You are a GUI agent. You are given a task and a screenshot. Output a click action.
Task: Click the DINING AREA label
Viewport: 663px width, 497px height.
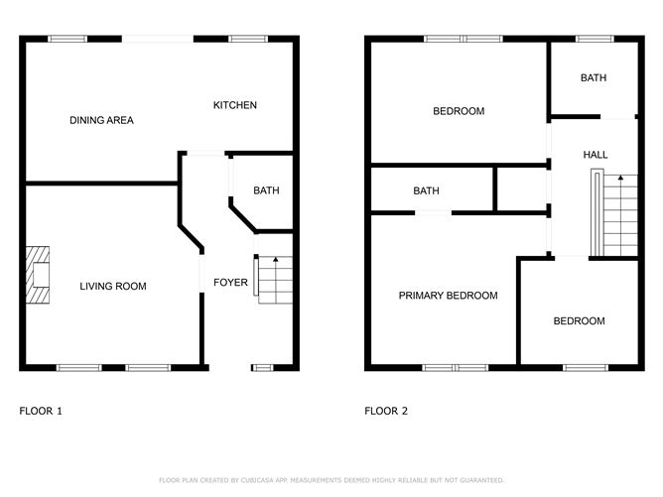(101, 120)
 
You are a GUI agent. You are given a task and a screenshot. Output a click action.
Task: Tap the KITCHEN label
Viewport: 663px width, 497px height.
(234, 105)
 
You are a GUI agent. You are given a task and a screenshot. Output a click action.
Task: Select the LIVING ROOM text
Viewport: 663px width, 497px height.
(113, 286)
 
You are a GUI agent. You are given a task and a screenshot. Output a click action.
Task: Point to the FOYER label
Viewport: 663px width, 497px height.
(230, 283)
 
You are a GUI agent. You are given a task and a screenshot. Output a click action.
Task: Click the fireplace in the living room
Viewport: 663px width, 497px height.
(38, 275)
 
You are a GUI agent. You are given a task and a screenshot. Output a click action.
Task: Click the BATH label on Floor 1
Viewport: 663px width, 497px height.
(266, 190)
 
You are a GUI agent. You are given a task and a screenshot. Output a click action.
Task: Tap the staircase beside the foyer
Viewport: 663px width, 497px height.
(273, 280)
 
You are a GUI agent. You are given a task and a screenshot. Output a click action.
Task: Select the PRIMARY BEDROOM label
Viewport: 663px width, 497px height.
(448, 296)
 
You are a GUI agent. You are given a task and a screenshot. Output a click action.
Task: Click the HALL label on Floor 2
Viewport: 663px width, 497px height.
(596, 155)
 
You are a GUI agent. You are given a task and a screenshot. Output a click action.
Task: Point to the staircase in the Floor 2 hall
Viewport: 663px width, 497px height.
(614, 213)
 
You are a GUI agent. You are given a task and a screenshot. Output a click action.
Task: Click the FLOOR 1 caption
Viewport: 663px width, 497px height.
(41, 411)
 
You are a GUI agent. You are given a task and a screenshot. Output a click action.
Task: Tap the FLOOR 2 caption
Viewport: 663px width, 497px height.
(386, 411)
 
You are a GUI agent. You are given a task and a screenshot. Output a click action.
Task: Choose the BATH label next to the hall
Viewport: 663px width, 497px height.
(594, 77)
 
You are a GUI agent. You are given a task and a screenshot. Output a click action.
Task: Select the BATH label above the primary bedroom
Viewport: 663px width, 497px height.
(426, 191)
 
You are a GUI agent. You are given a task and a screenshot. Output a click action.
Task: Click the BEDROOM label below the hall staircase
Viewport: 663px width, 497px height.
(579, 321)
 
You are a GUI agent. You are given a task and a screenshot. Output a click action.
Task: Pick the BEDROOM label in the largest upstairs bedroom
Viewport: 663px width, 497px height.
(459, 111)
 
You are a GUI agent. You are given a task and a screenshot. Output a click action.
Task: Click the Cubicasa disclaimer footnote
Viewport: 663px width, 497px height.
(331, 480)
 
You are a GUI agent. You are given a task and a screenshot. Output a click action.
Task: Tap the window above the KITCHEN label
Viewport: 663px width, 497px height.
(248, 39)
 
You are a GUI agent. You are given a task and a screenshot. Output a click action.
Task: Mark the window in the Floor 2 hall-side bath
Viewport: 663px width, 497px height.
(595, 39)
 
